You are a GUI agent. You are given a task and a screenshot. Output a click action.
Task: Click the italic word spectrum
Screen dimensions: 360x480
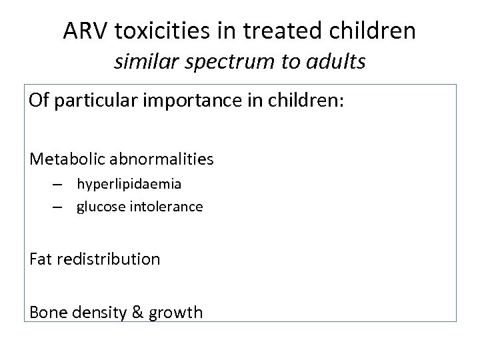[230, 63]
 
